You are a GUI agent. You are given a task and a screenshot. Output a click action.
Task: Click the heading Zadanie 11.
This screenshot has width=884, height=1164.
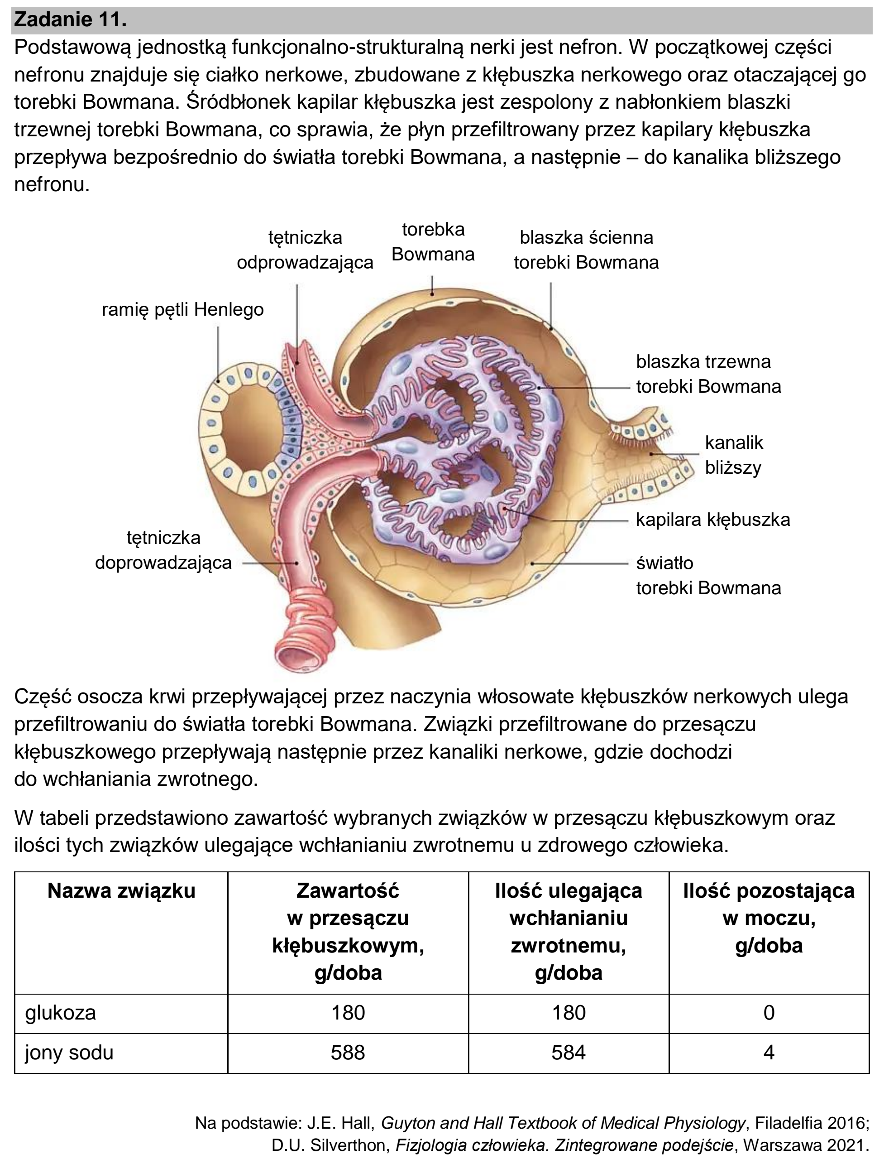70,20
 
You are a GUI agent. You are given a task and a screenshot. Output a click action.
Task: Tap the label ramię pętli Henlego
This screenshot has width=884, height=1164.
182,309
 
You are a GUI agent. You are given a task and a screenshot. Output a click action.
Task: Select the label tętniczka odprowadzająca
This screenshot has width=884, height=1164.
305,250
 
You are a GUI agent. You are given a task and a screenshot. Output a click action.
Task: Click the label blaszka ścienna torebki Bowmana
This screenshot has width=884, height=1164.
586,250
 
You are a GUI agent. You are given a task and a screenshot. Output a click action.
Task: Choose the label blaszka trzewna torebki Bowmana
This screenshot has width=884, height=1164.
708,374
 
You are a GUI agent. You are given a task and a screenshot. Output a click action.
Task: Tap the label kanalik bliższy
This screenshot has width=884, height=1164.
734,455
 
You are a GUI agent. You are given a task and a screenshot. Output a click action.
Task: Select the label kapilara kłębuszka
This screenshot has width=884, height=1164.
713,519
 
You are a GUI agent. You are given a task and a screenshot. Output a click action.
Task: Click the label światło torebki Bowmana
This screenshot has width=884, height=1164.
708,575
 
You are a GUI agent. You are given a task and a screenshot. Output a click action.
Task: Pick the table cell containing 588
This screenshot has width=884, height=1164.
348,1053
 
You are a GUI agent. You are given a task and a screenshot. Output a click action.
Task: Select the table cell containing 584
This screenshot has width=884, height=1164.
569,1053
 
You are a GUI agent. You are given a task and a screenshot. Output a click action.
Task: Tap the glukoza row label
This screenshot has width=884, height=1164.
61,1013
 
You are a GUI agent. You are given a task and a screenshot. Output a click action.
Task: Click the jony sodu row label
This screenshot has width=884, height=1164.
69,1053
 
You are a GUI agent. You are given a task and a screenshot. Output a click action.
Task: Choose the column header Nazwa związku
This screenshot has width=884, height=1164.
122,891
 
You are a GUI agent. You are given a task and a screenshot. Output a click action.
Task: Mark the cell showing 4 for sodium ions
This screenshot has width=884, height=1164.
769,1053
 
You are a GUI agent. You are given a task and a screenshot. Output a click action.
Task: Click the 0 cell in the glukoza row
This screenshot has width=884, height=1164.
769,1013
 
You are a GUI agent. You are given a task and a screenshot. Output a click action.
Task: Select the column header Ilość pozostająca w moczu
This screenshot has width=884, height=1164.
769,918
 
